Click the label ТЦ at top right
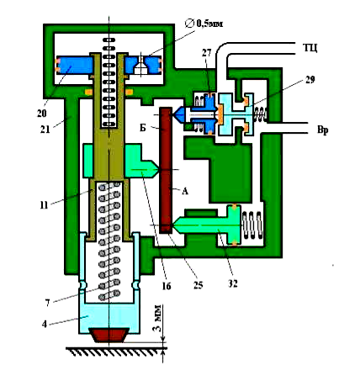[310, 48]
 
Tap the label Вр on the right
[322, 130]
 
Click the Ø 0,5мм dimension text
[204, 24]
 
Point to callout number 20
[41, 113]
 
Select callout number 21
[45, 129]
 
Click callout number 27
[206, 53]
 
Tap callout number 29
[310, 80]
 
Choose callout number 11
[44, 205]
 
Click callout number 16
[167, 286]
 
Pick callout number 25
[198, 284]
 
